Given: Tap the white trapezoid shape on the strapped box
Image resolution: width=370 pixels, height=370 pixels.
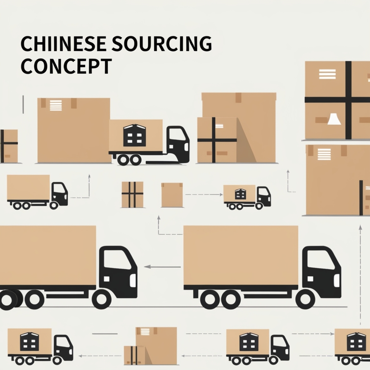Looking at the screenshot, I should pos(334,119).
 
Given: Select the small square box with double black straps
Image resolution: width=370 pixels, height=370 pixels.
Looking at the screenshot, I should pos(132,194).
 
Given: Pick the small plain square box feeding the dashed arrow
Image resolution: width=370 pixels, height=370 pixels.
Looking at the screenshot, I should pos(172,195).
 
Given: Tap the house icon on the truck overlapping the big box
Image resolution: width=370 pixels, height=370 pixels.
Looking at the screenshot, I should pos(135,135).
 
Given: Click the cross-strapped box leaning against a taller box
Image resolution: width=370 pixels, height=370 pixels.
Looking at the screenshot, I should pos(217,140).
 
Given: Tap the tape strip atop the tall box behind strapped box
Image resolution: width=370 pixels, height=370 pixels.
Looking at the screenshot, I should pos(238,97).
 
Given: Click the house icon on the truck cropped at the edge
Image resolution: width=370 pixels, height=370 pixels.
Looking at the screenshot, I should pos(356,342).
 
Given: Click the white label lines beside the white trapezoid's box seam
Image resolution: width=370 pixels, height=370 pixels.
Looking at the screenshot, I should pos(327,74).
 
